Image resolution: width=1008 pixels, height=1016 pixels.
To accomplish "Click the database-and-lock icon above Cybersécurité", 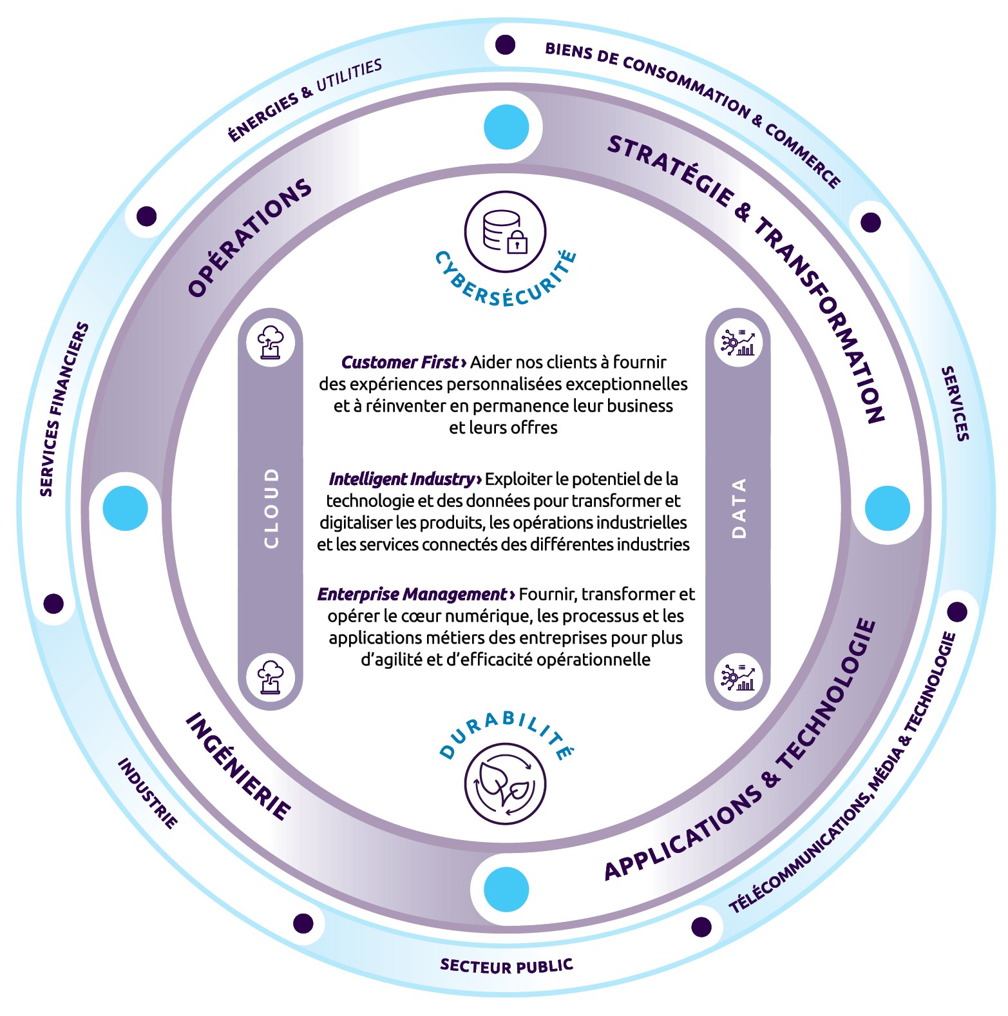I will [x=505, y=232].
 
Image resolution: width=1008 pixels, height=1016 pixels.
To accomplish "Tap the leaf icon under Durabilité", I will [x=505, y=784].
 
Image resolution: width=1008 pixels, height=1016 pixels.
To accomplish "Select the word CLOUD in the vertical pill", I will [x=271, y=508].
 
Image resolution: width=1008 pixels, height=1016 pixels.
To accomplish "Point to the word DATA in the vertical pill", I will [x=739, y=508].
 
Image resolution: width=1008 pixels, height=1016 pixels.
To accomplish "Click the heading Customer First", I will [x=399, y=363].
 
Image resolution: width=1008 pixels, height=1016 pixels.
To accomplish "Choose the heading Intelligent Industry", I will [x=401, y=479].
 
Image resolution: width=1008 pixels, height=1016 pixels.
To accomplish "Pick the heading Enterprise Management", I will [x=412, y=595].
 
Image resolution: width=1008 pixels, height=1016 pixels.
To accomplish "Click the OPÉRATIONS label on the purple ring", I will [x=250, y=238].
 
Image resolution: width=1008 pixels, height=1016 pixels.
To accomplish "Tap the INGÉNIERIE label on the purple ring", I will [x=238, y=767].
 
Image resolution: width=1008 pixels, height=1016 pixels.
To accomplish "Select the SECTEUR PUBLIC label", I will [x=506, y=966].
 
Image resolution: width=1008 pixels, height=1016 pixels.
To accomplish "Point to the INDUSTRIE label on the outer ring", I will [x=147, y=793].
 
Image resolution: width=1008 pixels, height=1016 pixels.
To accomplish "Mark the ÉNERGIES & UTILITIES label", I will [x=305, y=100].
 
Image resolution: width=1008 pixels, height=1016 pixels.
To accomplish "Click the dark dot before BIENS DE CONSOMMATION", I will [x=505, y=45].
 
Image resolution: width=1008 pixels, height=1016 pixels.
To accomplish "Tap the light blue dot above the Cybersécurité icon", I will [x=506, y=127].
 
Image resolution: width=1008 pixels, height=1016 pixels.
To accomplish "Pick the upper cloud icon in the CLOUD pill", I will [x=271, y=342].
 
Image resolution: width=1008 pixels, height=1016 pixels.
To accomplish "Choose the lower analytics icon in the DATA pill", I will [x=739, y=676].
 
